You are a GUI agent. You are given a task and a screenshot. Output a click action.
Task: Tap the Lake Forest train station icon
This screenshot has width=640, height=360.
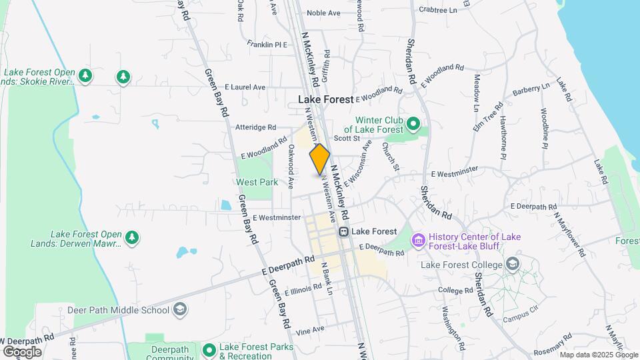pyautogui.click(x=344, y=231)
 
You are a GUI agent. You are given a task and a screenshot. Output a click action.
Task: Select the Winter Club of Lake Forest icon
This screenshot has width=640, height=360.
pyautogui.click(x=413, y=123)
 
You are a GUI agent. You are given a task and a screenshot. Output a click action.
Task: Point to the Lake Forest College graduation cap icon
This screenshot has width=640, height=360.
pyautogui.click(x=512, y=264)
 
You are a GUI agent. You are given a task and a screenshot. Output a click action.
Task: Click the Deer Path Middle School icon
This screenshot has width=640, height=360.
pyautogui.click(x=179, y=309)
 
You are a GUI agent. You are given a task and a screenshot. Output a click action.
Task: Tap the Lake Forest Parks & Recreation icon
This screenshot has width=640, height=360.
pyautogui.click(x=209, y=349)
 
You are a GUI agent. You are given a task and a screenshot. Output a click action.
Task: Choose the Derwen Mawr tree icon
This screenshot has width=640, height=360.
pyautogui.click(x=133, y=237)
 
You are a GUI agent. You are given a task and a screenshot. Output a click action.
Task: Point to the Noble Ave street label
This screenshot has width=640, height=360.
pyautogui.click(x=324, y=13)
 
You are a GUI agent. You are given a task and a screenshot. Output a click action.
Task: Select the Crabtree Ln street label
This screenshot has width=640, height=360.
pyautogui.click(x=438, y=10)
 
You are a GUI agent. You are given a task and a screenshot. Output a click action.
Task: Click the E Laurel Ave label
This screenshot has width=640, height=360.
pyautogui.click(x=245, y=87)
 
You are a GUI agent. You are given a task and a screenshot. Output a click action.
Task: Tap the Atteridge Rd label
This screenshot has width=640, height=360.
pyautogui.click(x=255, y=127)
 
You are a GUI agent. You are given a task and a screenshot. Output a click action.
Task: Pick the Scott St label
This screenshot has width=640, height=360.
pyautogui.click(x=347, y=138)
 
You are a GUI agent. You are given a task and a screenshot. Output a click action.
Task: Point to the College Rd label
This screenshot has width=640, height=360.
pyautogui.click(x=455, y=291)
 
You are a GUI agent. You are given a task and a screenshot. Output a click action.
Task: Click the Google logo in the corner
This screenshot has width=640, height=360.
pyautogui.click(x=22, y=351)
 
